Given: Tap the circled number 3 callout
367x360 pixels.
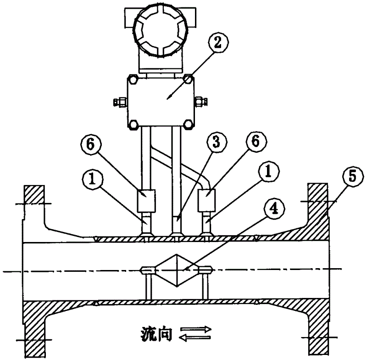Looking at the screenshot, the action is click(217, 143).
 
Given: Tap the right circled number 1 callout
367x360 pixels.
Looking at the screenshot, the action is click(269, 173).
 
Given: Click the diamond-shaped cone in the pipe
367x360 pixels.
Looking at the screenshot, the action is click(177, 270).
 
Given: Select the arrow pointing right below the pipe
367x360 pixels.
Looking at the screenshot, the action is click(196, 330).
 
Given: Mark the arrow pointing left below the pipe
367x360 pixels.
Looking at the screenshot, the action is click(195, 337).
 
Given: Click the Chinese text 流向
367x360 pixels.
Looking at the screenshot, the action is click(156, 334).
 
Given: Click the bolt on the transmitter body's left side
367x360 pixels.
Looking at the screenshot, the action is click(120, 102).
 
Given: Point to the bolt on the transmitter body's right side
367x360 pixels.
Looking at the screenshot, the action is click(201, 102).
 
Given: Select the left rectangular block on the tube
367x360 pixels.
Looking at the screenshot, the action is click(146, 201).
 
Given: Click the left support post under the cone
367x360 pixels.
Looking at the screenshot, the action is click(149, 286).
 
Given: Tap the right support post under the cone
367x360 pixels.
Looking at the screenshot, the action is click(205, 286).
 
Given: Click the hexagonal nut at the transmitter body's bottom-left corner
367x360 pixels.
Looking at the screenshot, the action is click(133, 124).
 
